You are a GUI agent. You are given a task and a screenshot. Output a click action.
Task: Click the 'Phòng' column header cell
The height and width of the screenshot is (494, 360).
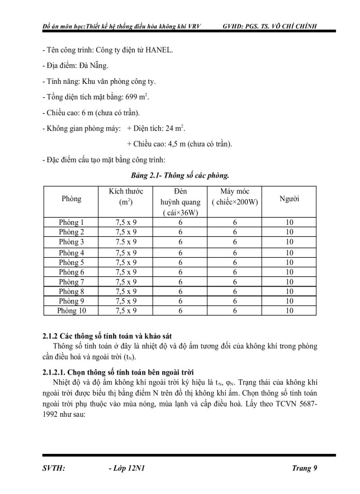click(x=71, y=199)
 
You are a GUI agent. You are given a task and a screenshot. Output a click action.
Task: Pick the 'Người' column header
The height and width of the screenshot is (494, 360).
click(x=290, y=199)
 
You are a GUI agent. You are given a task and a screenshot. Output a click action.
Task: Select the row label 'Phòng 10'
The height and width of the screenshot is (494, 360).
click(x=71, y=310)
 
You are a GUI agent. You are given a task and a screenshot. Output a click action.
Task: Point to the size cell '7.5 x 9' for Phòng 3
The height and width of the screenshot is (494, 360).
click(x=126, y=242)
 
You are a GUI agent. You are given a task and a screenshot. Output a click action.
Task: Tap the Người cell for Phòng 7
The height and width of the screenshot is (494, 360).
click(x=290, y=281)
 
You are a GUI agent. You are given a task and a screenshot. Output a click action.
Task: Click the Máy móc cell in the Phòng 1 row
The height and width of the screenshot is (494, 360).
click(x=235, y=222)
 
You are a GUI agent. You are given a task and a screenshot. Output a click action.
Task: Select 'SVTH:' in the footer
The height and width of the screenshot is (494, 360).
click(x=54, y=468)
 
